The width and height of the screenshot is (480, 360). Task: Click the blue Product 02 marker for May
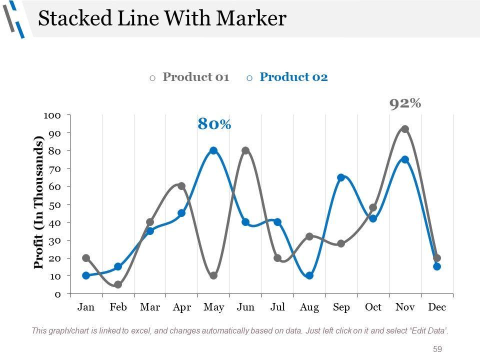click(x=213, y=150)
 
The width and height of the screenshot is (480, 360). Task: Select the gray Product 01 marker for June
click(x=245, y=150)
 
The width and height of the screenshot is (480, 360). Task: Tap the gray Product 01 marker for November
click(x=405, y=129)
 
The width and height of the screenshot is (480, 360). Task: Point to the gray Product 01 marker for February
click(x=118, y=284)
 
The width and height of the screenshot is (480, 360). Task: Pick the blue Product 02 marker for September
click(x=341, y=177)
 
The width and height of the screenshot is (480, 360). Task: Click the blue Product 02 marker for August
click(x=309, y=275)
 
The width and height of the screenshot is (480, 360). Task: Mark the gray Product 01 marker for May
click(x=213, y=275)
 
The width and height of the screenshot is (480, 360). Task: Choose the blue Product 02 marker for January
click(x=86, y=275)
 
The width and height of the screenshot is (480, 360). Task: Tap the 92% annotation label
click(x=405, y=103)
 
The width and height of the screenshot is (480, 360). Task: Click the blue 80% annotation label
click(x=214, y=124)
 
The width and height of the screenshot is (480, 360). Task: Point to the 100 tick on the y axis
click(x=52, y=115)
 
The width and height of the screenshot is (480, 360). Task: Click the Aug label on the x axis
click(x=309, y=307)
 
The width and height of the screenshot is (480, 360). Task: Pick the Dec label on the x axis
click(x=437, y=307)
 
